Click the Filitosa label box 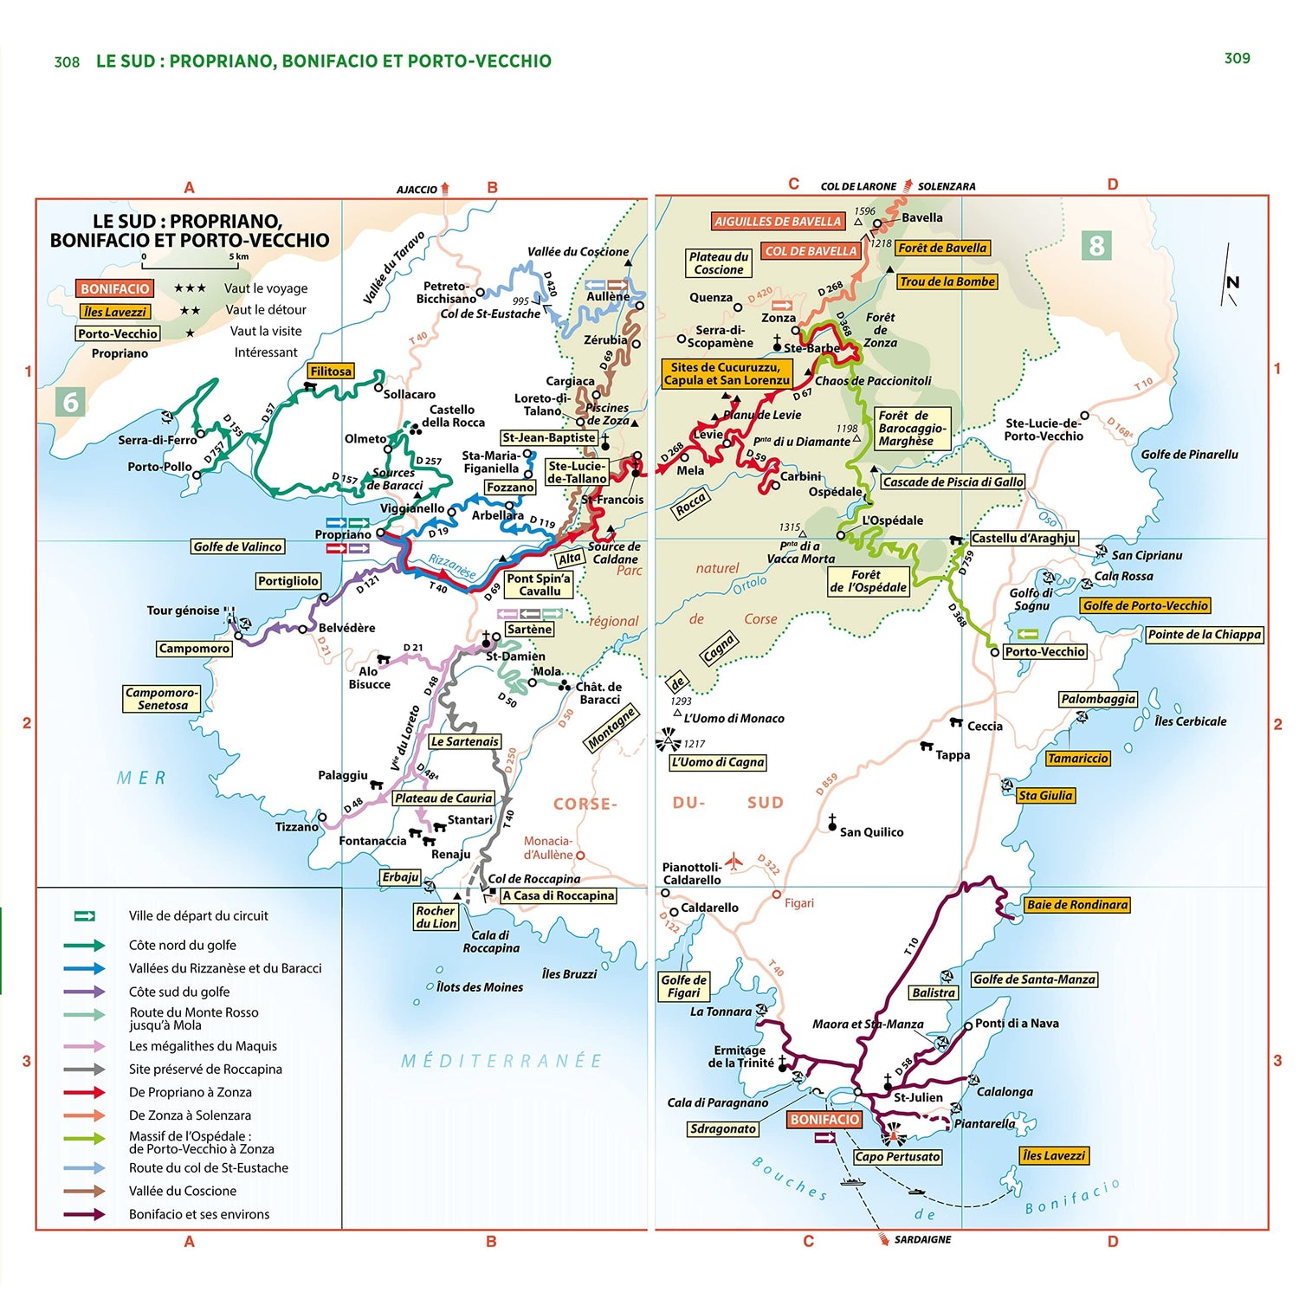(331, 372)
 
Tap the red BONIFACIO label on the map (824, 1119)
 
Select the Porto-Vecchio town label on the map (1044, 651)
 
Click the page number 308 (67, 62)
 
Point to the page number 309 (1237, 58)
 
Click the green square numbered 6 (71, 402)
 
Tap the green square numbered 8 (1096, 246)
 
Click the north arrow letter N (1231, 282)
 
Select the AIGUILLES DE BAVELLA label (777, 222)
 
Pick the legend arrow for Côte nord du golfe (84, 945)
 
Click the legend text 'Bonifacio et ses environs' (199, 1214)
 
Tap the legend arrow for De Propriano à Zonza (84, 1092)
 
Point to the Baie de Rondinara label (1077, 905)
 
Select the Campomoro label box (194, 649)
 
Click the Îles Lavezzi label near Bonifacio (1053, 1155)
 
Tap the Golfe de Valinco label (237, 546)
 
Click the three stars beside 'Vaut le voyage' (190, 288)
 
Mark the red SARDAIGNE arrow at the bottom (884, 1238)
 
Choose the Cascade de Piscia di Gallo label (953, 481)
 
